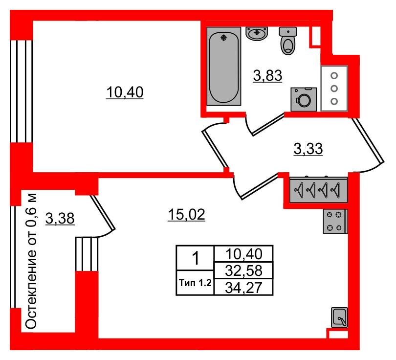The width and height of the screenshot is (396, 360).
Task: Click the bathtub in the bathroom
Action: click(x=224, y=66)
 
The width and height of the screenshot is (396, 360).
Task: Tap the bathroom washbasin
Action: click(x=257, y=34)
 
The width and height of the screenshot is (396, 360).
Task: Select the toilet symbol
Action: click(x=288, y=41)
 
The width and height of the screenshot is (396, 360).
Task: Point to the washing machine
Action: click(x=304, y=99)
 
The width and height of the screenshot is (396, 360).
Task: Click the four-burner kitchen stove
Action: click(x=335, y=221)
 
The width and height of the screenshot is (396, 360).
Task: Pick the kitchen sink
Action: click(x=339, y=317)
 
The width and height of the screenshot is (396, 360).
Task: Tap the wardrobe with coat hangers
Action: click(x=318, y=190)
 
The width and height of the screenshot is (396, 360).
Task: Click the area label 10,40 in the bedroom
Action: click(x=125, y=92)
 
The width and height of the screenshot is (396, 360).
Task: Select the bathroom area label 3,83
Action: click(x=268, y=75)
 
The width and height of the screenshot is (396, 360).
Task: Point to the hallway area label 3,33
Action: click(x=308, y=149)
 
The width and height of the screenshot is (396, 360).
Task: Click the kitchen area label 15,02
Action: click(x=186, y=215)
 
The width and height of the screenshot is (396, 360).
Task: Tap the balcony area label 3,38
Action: click(x=60, y=218)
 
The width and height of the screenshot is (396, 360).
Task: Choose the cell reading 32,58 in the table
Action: click(x=243, y=270)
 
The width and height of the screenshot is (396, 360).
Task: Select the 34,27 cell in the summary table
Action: click(x=243, y=287)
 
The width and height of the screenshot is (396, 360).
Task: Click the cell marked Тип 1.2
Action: click(x=195, y=283)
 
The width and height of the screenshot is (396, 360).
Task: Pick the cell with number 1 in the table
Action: click(x=195, y=258)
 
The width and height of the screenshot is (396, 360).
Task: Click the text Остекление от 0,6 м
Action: click(x=31, y=261)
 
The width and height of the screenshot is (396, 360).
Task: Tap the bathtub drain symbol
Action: click(x=224, y=38)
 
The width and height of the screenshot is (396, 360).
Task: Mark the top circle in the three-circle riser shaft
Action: click(x=334, y=75)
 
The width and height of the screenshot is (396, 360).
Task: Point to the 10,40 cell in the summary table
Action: click(x=243, y=254)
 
